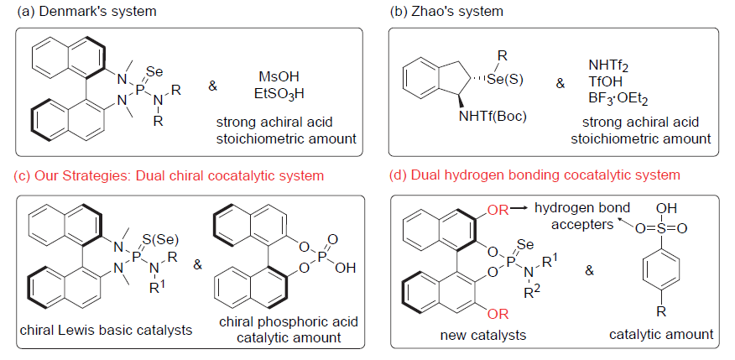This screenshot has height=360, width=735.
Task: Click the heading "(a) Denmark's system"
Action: tap(82, 11)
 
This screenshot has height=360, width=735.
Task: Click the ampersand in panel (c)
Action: tap(198, 265)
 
